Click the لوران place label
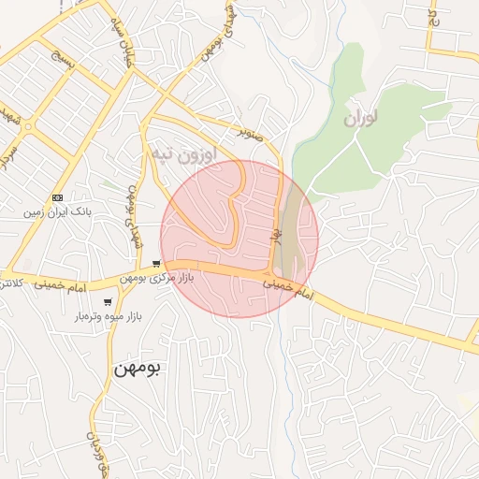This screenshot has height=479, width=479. [359, 119]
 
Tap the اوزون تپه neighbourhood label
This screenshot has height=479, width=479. [182, 152]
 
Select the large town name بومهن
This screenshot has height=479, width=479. [138, 368]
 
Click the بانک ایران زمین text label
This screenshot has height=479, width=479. [59, 212]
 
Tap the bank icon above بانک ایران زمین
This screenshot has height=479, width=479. [58, 197]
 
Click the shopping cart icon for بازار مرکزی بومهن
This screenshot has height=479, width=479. [156, 264]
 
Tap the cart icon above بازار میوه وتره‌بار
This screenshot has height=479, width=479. [109, 302]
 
